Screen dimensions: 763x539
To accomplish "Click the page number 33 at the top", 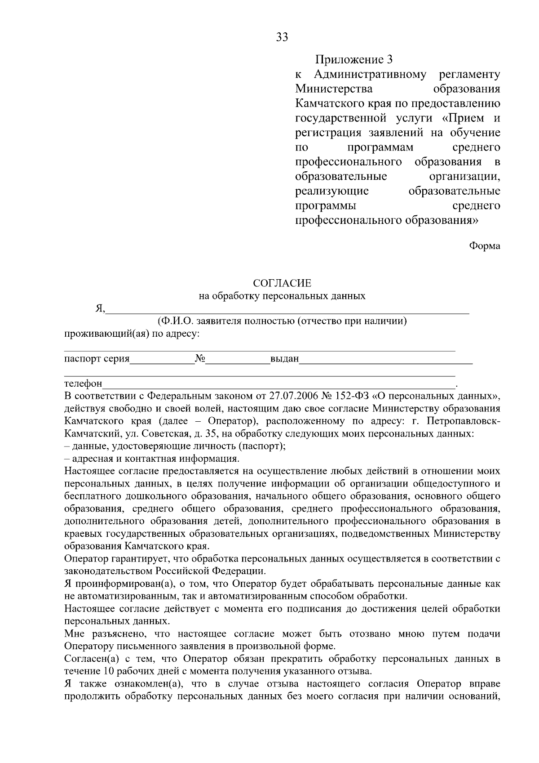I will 282,37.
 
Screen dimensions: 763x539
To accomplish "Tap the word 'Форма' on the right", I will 485,246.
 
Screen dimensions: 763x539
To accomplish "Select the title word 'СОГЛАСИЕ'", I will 282,283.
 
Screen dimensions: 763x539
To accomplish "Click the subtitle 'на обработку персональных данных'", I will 282,296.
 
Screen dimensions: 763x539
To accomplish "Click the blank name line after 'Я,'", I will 287,310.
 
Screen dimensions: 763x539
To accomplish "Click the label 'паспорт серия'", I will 97,359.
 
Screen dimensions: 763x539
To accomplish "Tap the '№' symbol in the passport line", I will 200,359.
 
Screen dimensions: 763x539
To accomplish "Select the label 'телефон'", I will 83,384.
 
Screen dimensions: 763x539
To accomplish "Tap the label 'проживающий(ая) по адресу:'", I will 132,334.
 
